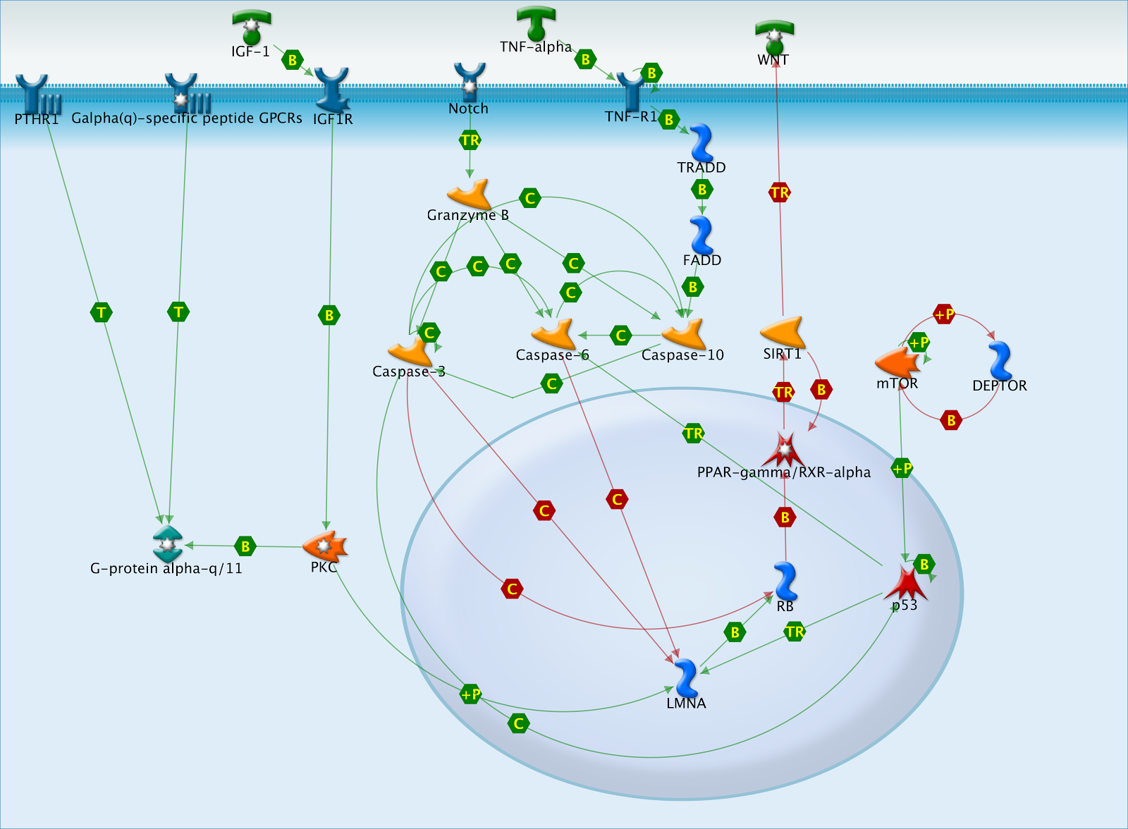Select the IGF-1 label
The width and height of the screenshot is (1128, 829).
pyautogui.click(x=250, y=51)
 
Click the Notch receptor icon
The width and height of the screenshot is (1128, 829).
pyautogui.click(x=470, y=82)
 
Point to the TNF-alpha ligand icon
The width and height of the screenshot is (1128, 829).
pyautogui.click(x=536, y=23)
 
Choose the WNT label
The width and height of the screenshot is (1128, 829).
pyautogui.click(x=773, y=60)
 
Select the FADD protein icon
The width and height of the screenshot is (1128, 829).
pyautogui.click(x=701, y=235)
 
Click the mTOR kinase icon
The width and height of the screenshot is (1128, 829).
pyautogui.click(x=897, y=362)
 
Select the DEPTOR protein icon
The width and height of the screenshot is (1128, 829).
pyautogui.click(x=1000, y=361)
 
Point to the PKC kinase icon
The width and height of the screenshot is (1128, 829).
pyautogui.click(x=325, y=546)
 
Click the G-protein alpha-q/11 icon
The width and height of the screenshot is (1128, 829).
pyautogui.click(x=167, y=544)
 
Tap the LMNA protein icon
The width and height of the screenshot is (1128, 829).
pyautogui.click(x=685, y=678)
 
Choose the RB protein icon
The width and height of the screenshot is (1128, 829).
pyautogui.click(x=785, y=582)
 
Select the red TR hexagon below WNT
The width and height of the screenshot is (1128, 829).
pyautogui.click(x=780, y=192)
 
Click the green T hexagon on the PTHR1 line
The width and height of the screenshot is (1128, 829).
pyautogui.click(x=102, y=312)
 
